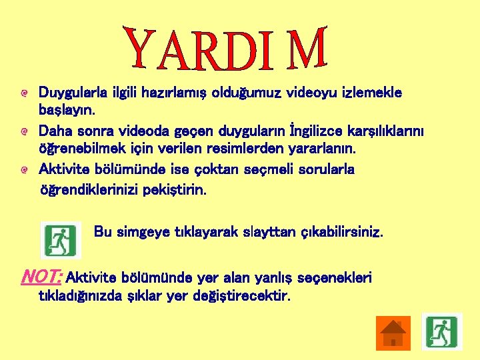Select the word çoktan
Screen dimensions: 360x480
click(217, 169)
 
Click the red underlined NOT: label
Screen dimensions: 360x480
click(42, 275)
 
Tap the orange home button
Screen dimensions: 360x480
click(393, 333)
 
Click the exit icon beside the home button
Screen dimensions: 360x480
click(441, 331)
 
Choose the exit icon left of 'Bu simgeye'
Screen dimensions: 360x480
click(60, 240)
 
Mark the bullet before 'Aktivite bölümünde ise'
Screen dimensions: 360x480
click(23, 170)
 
